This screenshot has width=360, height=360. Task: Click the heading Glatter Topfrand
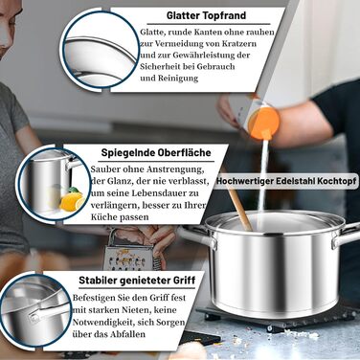[x=206, y=15]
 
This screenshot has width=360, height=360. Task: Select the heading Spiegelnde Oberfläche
[x=156, y=152]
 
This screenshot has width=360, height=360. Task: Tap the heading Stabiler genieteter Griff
[x=137, y=281]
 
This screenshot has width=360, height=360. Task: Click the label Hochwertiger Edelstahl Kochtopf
[x=286, y=181]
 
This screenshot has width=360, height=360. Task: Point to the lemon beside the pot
[x=72, y=201]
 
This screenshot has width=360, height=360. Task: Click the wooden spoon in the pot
[x=239, y=208]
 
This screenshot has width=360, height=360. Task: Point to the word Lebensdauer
[x=151, y=193]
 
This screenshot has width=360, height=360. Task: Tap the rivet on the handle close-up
[x=34, y=316]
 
